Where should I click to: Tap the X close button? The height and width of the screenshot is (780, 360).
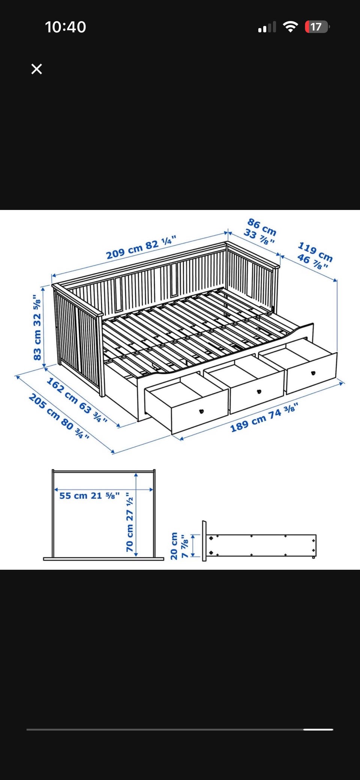[37, 69]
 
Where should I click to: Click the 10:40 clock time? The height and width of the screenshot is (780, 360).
[66, 27]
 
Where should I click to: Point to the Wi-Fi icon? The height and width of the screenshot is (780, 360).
[290, 27]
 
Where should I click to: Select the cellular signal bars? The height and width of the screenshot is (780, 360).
[267, 27]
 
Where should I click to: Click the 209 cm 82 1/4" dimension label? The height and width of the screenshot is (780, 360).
[141, 247]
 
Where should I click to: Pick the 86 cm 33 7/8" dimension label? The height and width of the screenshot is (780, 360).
[261, 231]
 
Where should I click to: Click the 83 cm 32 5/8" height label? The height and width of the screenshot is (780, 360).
[37, 328]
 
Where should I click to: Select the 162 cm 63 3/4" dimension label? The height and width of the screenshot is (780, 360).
[77, 400]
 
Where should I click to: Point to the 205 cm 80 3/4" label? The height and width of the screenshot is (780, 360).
[59, 416]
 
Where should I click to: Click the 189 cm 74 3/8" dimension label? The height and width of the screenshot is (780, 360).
[264, 417]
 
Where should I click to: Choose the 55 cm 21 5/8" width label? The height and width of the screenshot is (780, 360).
[90, 496]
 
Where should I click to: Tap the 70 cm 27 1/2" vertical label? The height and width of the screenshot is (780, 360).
[130, 522]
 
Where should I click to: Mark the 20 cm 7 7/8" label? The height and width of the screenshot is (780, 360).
[179, 546]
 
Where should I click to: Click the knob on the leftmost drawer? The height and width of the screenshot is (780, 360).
[201, 411]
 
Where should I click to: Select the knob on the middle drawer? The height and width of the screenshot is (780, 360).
[259, 392]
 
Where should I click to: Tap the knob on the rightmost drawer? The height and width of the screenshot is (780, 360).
[313, 373]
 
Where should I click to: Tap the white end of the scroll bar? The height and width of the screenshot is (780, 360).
[318, 729]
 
